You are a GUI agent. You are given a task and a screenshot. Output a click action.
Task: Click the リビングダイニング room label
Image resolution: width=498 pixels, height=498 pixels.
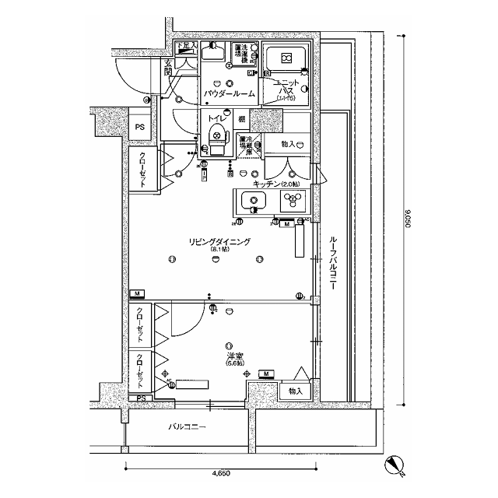[219, 242]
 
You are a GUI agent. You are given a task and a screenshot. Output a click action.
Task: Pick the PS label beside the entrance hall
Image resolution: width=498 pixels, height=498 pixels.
[139, 127]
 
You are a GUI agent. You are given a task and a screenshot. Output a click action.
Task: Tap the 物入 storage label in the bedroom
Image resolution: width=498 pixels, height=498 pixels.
[294, 391]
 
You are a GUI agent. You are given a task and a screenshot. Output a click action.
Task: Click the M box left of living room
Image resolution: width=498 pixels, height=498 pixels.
[137, 293]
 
